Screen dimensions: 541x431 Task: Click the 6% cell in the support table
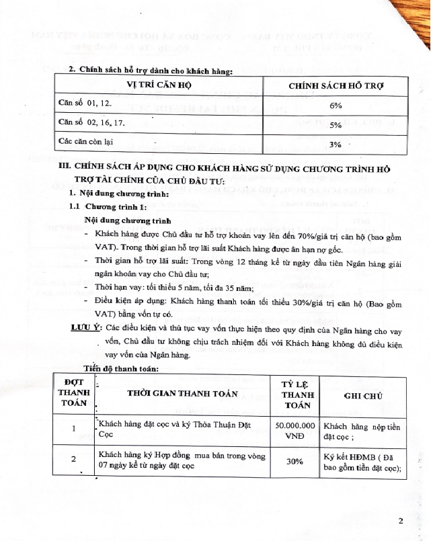[x=336, y=106]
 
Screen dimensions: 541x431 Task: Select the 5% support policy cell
[x=336, y=125]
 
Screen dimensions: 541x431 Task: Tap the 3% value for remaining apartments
[x=336, y=144]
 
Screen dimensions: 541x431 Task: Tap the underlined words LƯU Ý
[x=86, y=327]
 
